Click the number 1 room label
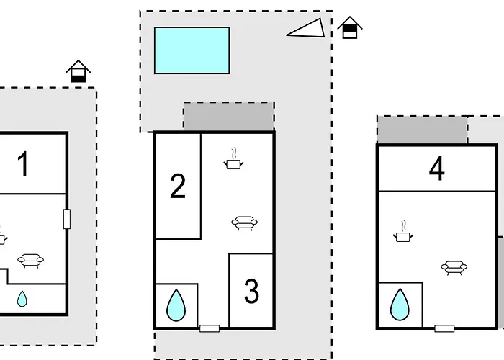[x=23, y=163]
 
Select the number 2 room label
[x=177, y=186]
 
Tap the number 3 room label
[x=251, y=292]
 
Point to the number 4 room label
[x=436, y=169]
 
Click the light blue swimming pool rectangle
[x=192, y=50]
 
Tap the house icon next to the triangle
[x=349, y=27]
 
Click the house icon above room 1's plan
[x=78, y=71]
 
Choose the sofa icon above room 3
[x=245, y=222]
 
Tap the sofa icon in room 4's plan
[x=454, y=268]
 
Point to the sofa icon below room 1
[x=31, y=261]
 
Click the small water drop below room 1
[x=22, y=297]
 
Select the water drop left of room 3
[x=176, y=305]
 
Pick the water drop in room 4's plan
[x=399, y=305]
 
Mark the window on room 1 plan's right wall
[x=67, y=219]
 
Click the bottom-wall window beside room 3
[x=210, y=328]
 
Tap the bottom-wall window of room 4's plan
[x=444, y=328]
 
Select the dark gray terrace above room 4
[x=422, y=130]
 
